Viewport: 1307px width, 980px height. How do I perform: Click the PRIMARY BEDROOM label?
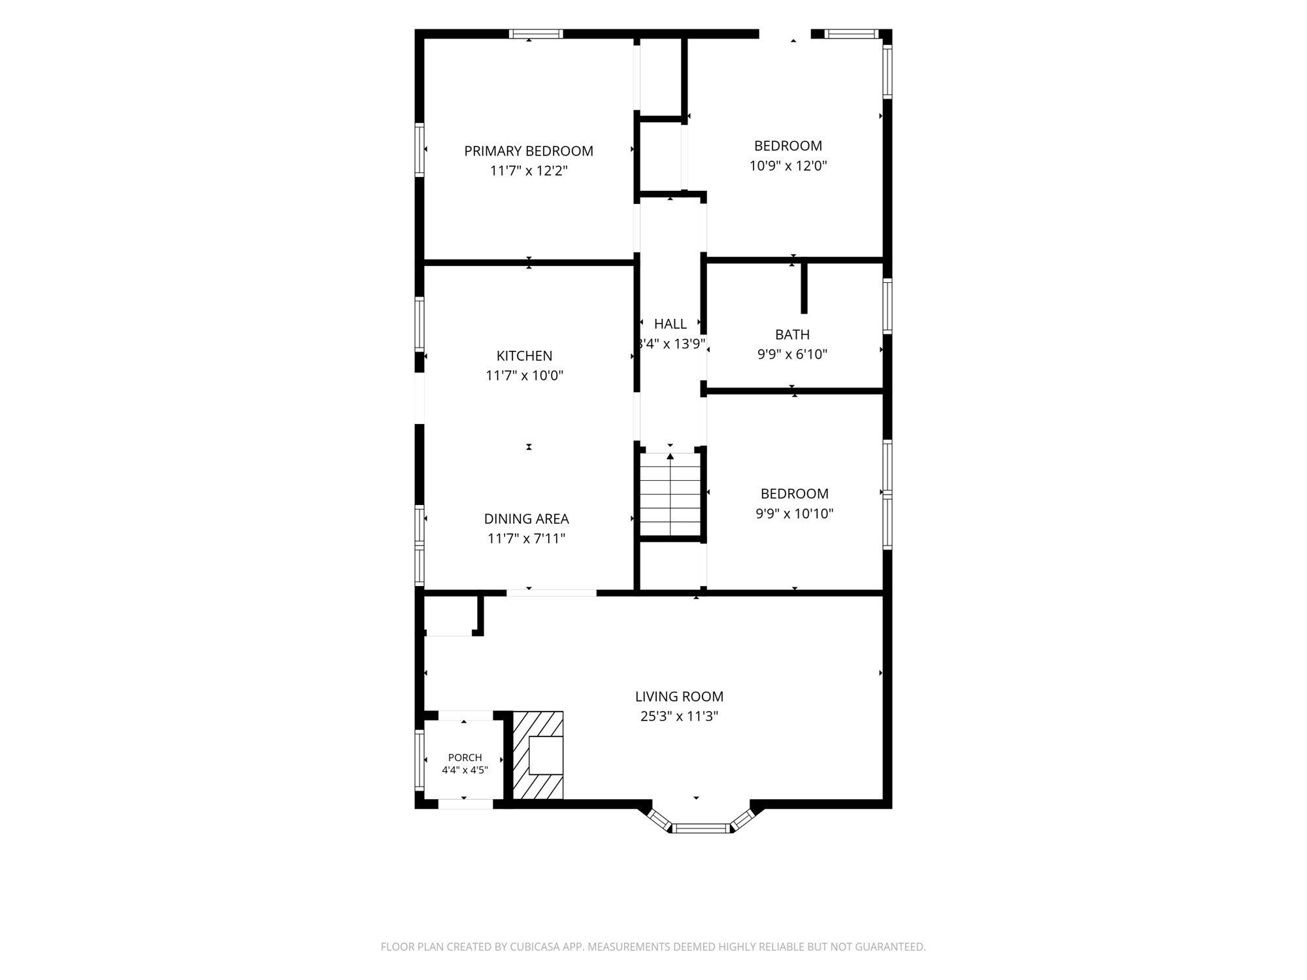(x=529, y=151)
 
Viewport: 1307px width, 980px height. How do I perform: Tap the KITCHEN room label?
(x=524, y=356)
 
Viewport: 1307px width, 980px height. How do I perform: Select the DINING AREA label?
(x=526, y=519)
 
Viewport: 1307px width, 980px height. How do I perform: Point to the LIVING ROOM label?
(x=679, y=696)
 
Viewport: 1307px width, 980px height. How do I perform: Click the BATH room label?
(x=792, y=335)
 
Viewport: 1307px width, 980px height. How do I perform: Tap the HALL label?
(x=670, y=323)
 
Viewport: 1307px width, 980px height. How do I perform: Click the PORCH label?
(x=465, y=758)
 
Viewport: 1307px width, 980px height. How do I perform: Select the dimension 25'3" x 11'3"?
(x=679, y=716)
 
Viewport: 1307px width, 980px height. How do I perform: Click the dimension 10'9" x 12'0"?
(x=788, y=166)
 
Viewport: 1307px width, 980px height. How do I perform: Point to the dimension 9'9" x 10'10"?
(x=795, y=514)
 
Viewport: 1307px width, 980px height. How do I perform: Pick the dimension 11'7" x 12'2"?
(x=529, y=171)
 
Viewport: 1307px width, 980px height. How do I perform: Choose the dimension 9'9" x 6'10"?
(x=792, y=355)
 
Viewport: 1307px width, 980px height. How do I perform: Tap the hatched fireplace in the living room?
(x=537, y=755)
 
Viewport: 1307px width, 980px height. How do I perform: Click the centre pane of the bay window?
(x=701, y=828)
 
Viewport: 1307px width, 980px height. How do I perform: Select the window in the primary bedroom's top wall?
(x=536, y=34)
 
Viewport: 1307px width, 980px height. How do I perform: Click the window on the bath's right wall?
(x=887, y=306)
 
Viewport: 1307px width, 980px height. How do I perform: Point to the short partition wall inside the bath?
(x=804, y=287)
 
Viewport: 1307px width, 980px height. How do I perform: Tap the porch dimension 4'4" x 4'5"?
(x=465, y=770)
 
